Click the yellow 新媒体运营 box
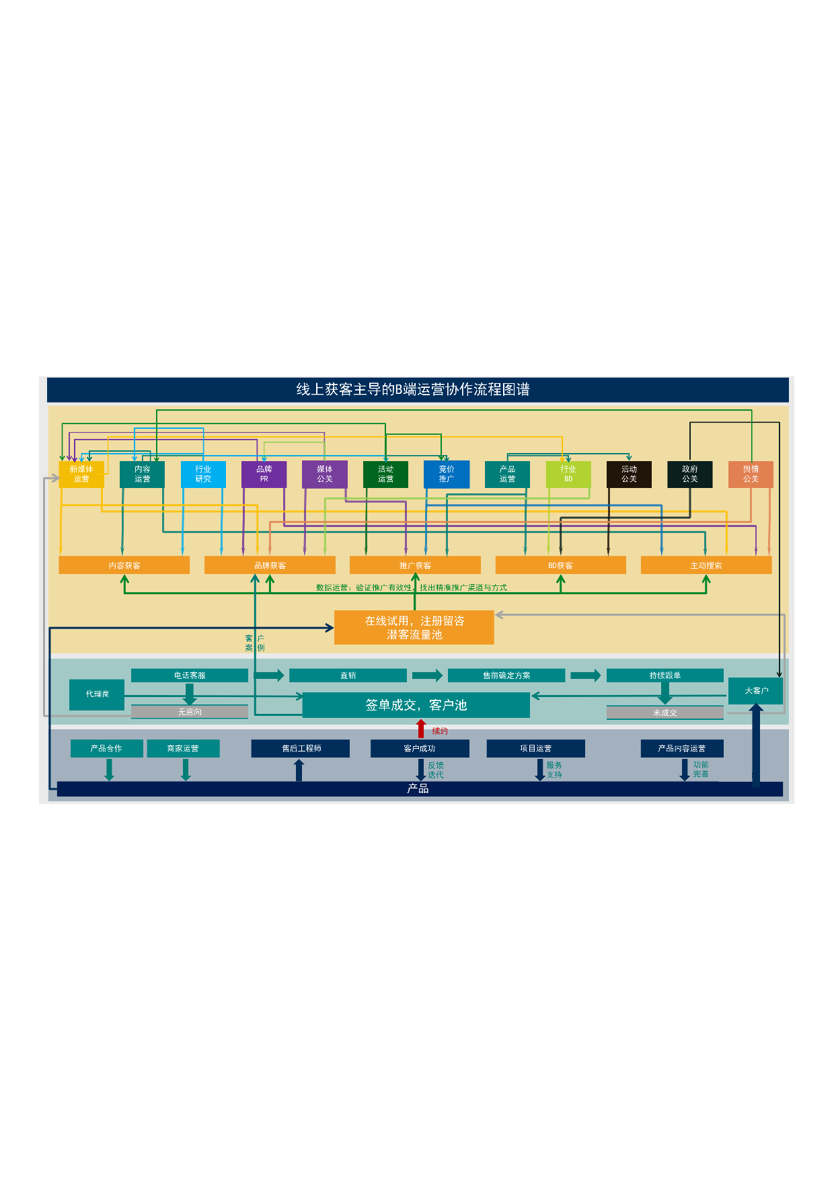81,474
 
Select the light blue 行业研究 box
203,474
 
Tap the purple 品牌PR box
264,474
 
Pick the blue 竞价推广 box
447,474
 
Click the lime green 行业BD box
568,474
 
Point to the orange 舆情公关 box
751,474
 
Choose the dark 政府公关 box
689,474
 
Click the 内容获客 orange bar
124,565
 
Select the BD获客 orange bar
560,565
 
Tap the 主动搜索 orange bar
706,565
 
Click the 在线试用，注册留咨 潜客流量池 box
414,627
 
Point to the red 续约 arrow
421,729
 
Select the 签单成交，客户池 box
416,705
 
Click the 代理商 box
97,694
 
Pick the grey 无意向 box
190,711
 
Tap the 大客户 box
756,690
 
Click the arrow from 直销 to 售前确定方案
427,676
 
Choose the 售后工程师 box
301,748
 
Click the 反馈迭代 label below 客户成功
436,770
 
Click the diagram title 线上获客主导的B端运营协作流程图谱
413,390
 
